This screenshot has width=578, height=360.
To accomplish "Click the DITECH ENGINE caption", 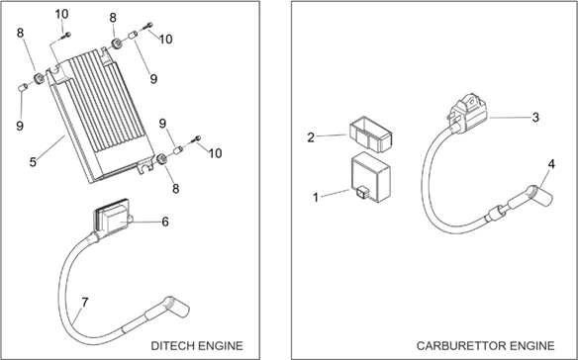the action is [x=197, y=346].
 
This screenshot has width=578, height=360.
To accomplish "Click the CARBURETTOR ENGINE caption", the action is [x=486, y=346].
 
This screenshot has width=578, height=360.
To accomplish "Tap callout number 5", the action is [x=34, y=162].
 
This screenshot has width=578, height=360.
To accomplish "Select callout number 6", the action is [x=165, y=222].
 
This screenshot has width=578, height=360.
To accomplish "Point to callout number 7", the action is [x=85, y=303].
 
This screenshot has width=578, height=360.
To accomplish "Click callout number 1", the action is [x=316, y=198].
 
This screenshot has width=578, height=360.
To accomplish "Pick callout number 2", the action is [x=311, y=137].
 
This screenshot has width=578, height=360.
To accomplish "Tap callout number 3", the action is [x=535, y=118].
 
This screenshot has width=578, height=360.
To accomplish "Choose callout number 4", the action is [x=551, y=164].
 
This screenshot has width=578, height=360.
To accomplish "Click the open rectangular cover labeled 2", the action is [x=370, y=134].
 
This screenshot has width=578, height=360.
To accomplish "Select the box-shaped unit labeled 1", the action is [x=371, y=177].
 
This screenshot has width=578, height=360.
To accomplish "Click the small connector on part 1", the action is [x=361, y=192].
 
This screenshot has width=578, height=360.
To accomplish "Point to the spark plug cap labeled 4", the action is [x=539, y=197].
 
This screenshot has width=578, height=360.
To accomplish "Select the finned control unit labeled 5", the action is [x=101, y=116].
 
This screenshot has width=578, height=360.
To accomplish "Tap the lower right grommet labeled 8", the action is [x=161, y=159].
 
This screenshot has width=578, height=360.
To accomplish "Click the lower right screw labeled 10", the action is [x=196, y=139].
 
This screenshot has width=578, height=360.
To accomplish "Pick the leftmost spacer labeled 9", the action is [x=23, y=88].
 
